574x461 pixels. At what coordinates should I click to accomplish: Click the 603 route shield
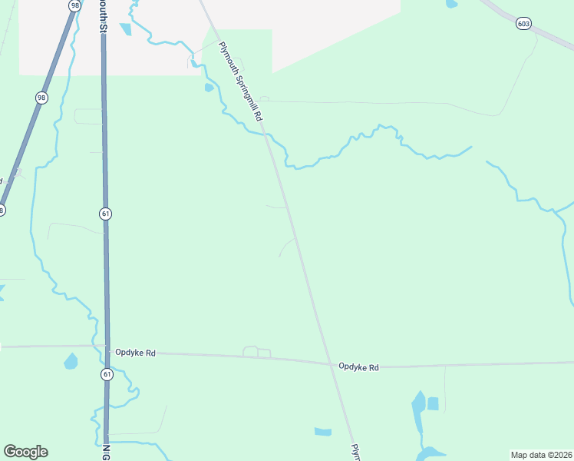tap(523, 24)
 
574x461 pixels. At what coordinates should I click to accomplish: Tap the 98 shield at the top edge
tap(74, 5)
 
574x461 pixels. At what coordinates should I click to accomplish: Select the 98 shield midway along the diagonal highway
tap(41, 98)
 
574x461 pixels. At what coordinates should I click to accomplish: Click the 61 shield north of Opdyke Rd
tap(105, 213)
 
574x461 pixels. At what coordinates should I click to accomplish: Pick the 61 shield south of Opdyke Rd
tap(106, 374)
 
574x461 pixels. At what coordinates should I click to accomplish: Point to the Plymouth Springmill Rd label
tap(241, 82)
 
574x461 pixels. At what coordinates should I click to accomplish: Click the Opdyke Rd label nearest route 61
tap(135, 353)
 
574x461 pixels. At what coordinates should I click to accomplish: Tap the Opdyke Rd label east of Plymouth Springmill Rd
tap(359, 367)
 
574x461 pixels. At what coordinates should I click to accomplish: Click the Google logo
tap(25, 452)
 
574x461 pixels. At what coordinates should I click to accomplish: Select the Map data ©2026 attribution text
tap(541, 455)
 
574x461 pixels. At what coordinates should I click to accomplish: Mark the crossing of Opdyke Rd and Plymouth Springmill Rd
tap(332, 363)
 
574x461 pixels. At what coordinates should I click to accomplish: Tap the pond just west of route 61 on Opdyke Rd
tap(71, 360)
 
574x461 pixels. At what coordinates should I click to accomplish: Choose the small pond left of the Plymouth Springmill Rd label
tap(209, 88)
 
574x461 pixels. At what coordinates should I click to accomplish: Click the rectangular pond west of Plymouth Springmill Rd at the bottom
tap(323, 432)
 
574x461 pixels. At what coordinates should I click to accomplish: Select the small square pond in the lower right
tap(433, 403)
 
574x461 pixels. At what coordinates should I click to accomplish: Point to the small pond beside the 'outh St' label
tap(125, 29)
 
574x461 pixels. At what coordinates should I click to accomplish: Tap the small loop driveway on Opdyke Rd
tap(256, 353)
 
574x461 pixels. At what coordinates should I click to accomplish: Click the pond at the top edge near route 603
tap(451, 4)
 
